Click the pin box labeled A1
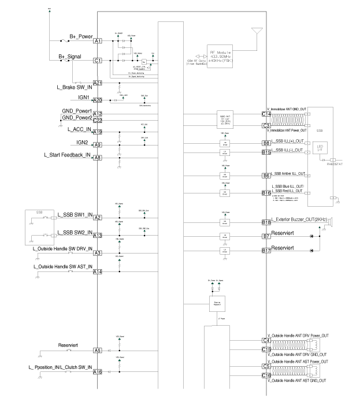point(98,41)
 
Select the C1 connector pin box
point(98,60)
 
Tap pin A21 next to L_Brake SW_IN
point(98,83)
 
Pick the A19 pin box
point(98,132)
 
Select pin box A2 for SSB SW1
point(98,217)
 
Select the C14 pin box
point(266,114)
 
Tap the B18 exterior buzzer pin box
point(266,222)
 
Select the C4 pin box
point(266,340)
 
